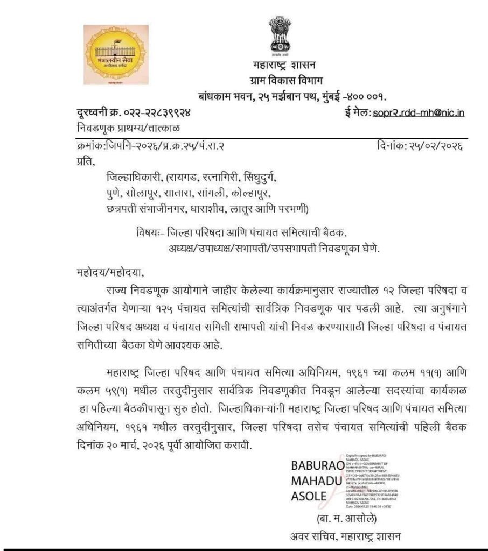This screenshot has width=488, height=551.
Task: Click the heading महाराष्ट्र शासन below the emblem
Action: [284, 66]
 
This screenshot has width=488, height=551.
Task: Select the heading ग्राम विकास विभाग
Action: [284, 81]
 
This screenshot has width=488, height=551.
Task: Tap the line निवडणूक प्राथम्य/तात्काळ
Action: [128, 128]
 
